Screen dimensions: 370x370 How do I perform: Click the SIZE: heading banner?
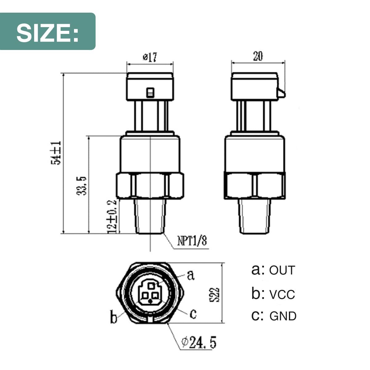click(x=48, y=31)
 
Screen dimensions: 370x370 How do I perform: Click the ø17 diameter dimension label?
click(x=150, y=57)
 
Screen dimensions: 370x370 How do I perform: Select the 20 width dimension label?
click(x=258, y=56)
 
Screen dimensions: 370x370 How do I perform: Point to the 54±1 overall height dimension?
click(x=57, y=153)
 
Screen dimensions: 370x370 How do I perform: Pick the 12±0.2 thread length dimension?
click(x=112, y=216)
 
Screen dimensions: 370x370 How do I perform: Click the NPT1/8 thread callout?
click(x=192, y=240)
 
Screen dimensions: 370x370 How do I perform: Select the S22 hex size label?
click(x=216, y=294)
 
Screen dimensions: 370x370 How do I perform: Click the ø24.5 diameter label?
click(x=199, y=342)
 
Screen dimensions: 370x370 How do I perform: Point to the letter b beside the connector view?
click(x=114, y=317)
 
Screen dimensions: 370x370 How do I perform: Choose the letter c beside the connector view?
click(x=193, y=314)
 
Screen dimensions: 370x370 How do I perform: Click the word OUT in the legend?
click(x=282, y=270)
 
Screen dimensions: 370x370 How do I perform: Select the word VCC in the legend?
click(x=282, y=294)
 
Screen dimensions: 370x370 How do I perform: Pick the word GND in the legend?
click(x=283, y=316)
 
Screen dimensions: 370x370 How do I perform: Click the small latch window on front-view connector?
click(x=150, y=92)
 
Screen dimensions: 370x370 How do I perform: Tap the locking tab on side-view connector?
click(x=281, y=92)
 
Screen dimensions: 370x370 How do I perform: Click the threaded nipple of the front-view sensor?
click(x=150, y=216)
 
